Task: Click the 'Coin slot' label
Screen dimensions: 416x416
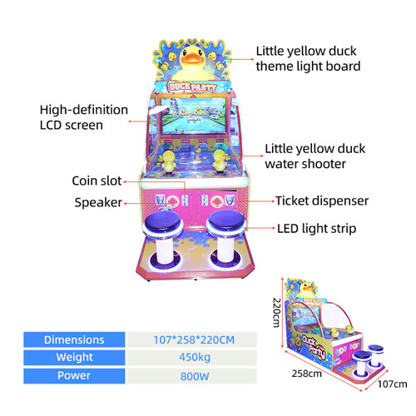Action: click(97, 181)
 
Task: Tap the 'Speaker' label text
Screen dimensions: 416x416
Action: click(98, 202)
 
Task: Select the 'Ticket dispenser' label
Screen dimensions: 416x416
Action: click(322, 201)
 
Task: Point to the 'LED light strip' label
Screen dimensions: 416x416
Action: click(317, 229)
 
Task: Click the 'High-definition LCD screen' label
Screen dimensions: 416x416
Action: click(84, 117)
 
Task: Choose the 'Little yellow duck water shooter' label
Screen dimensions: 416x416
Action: click(314, 156)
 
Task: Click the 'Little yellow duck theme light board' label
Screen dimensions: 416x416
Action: click(308, 59)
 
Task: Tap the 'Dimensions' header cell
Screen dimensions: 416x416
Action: click(74, 339)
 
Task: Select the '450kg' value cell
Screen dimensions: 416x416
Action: click(195, 358)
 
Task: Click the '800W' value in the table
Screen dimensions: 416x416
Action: click(195, 376)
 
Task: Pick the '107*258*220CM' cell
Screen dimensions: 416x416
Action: click(194, 339)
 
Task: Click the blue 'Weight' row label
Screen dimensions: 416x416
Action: click(74, 358)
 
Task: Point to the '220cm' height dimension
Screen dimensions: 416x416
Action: click(277, 313)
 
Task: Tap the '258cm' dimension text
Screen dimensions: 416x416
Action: click(307, 374)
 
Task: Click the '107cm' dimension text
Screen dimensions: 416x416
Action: click(393, 384)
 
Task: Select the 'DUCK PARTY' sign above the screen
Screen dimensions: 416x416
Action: click(192, 87)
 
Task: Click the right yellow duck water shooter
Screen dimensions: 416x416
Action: click(220, 161)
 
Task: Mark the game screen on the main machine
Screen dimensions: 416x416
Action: click(193, 116)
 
